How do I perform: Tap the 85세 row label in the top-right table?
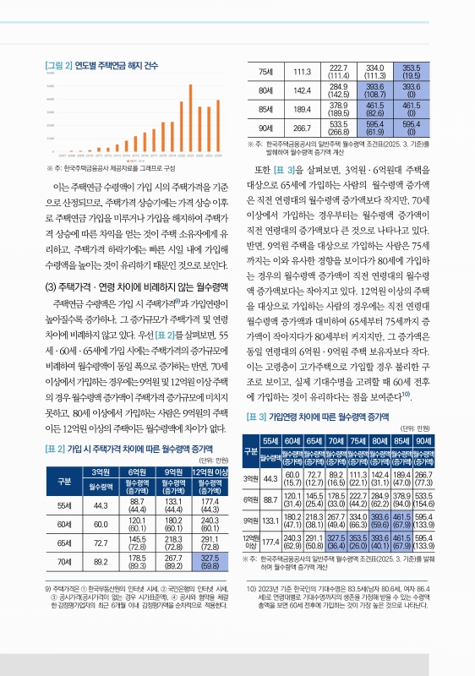pos(265,108)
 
